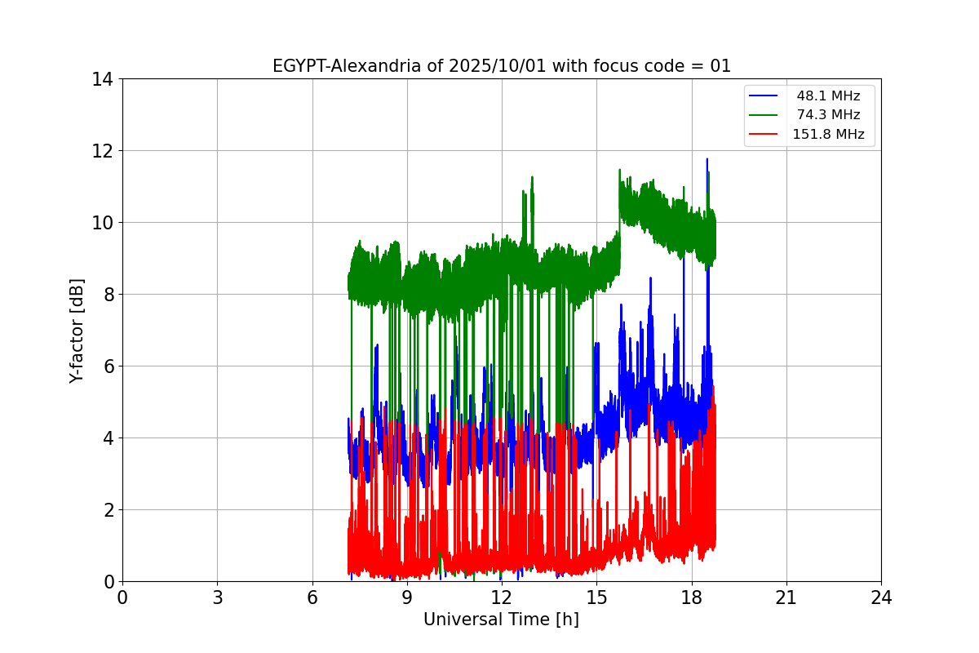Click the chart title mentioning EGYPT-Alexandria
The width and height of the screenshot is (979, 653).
point(501,66)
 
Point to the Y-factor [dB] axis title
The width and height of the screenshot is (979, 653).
point(77,331)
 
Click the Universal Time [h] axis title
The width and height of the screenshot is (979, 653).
point(501,620)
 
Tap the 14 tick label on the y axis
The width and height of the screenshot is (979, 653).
point(103,79)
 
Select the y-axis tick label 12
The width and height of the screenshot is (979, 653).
point(103,151)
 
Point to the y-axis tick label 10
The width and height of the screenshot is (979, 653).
point(103,223)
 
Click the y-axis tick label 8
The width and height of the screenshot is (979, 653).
point(108,295)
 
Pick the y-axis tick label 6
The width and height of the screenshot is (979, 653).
point(108,366)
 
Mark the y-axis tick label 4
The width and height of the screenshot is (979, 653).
point(108,438)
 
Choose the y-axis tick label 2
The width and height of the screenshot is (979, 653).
point(108,510)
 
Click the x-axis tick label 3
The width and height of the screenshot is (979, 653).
point(217,597)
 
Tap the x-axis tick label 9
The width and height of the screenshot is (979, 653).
point(407,597)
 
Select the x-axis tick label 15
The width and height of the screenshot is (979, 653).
point(596,597)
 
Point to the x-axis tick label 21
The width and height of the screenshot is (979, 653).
point(786,597)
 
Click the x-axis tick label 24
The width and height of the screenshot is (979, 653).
point(881,597)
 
